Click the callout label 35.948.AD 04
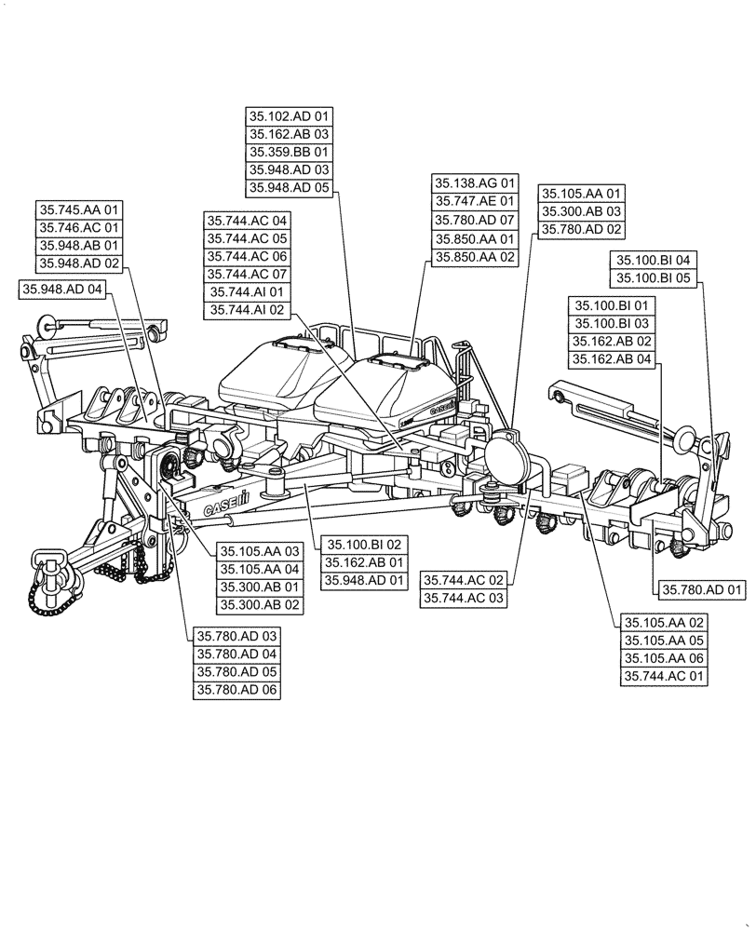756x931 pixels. pos(62,290)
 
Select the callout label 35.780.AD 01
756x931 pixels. pos(703,589)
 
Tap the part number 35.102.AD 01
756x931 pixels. pos(290,116)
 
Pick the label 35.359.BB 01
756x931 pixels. pos(290,152)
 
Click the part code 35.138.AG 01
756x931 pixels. pos(475,183)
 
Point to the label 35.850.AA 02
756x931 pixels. pos(475,256)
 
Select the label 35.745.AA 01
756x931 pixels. pos(80,210)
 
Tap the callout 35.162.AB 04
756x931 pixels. pos(614,359)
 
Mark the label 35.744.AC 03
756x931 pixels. pos(465,599)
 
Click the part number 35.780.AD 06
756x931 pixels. pos(236,689)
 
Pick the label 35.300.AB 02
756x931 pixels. pos(260,605)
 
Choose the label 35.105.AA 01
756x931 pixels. pos(582,194)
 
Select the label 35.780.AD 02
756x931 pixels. pos(582,229)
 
